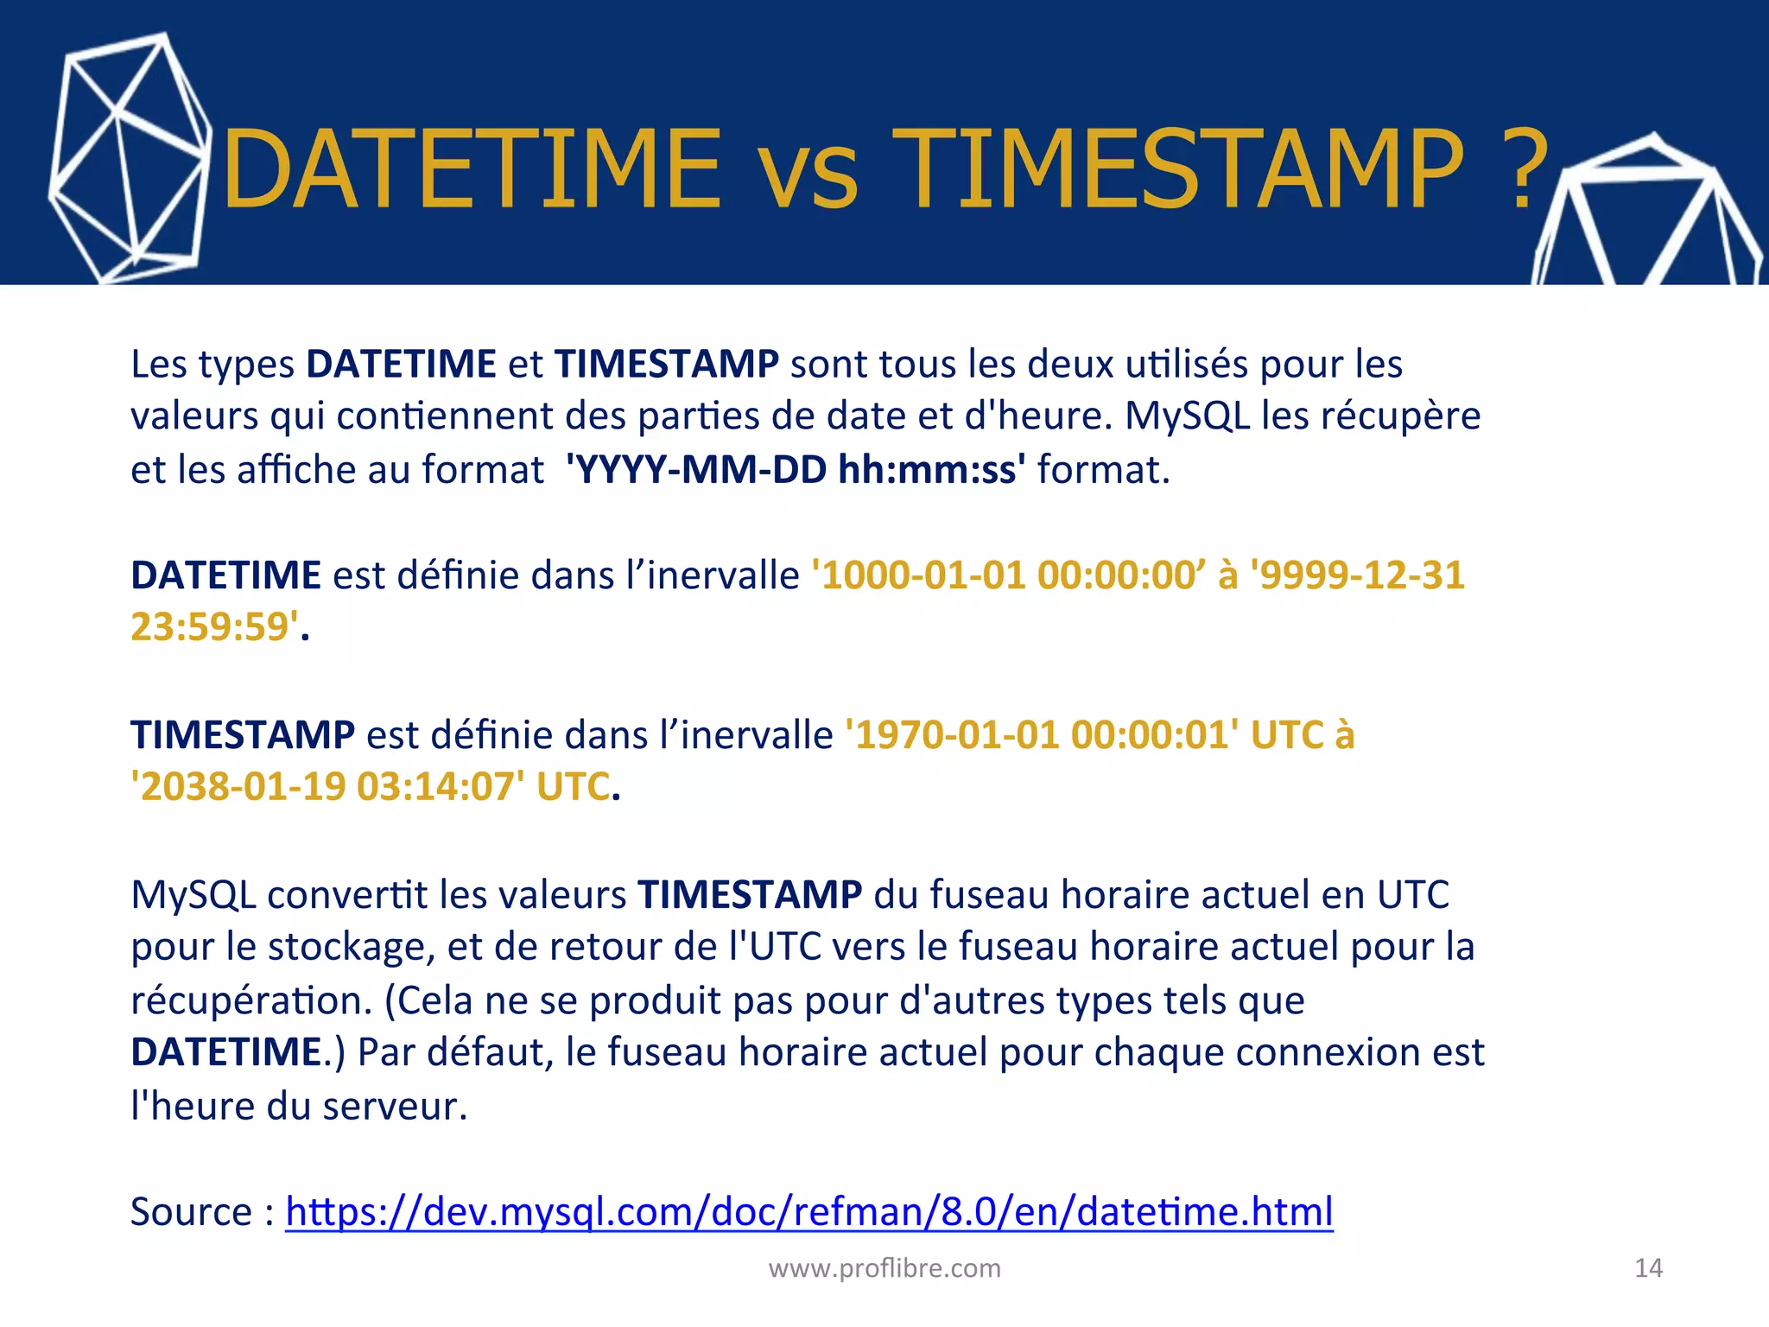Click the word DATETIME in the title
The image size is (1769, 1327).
click(472, 169)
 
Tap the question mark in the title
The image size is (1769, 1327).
click(1529, 169)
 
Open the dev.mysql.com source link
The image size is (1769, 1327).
click(808, 1211)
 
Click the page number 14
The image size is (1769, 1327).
click(1648, 1267)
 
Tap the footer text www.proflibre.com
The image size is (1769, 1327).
click(884, 1267)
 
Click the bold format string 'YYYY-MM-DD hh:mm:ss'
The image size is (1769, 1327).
click(796, 470)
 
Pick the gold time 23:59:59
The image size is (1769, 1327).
click(210, 627)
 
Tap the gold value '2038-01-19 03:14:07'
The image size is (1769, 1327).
click(327, 787)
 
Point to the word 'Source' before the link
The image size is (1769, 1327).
click(191, 1211)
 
